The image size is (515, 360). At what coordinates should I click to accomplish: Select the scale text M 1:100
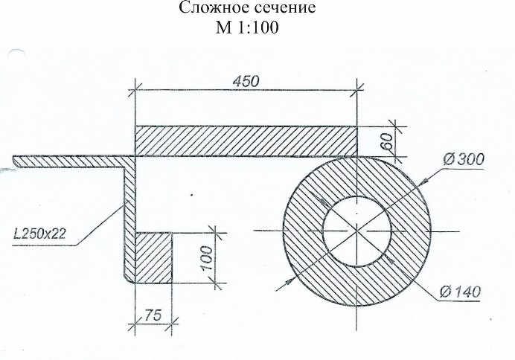[247, 28]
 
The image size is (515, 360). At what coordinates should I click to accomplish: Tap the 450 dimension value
[246, 81]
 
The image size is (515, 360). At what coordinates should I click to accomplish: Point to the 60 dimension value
[388, 141]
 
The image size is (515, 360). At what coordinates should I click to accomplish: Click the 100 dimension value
[207, 258]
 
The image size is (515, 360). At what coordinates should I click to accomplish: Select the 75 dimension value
[153, 315]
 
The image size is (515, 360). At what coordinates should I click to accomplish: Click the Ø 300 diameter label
[464, 160]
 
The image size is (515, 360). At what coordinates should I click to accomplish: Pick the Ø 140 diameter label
[461, 292]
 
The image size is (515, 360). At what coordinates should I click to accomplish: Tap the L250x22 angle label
[39, 234]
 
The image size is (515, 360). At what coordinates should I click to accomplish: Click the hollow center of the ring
[357, 231]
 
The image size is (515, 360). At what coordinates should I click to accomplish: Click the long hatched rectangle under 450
[246, 141]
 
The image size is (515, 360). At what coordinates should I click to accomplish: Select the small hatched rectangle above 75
[154, 258]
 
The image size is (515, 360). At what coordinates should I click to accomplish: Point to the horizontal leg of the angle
[74, 161]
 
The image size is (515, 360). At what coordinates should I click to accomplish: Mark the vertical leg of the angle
[129, 219]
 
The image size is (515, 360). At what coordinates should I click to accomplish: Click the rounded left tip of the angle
[14, 160]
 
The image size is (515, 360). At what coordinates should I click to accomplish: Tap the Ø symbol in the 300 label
[448, 160]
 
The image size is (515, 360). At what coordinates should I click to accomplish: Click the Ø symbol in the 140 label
[445, 292]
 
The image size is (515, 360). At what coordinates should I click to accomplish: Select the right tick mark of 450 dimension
[357, 89]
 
